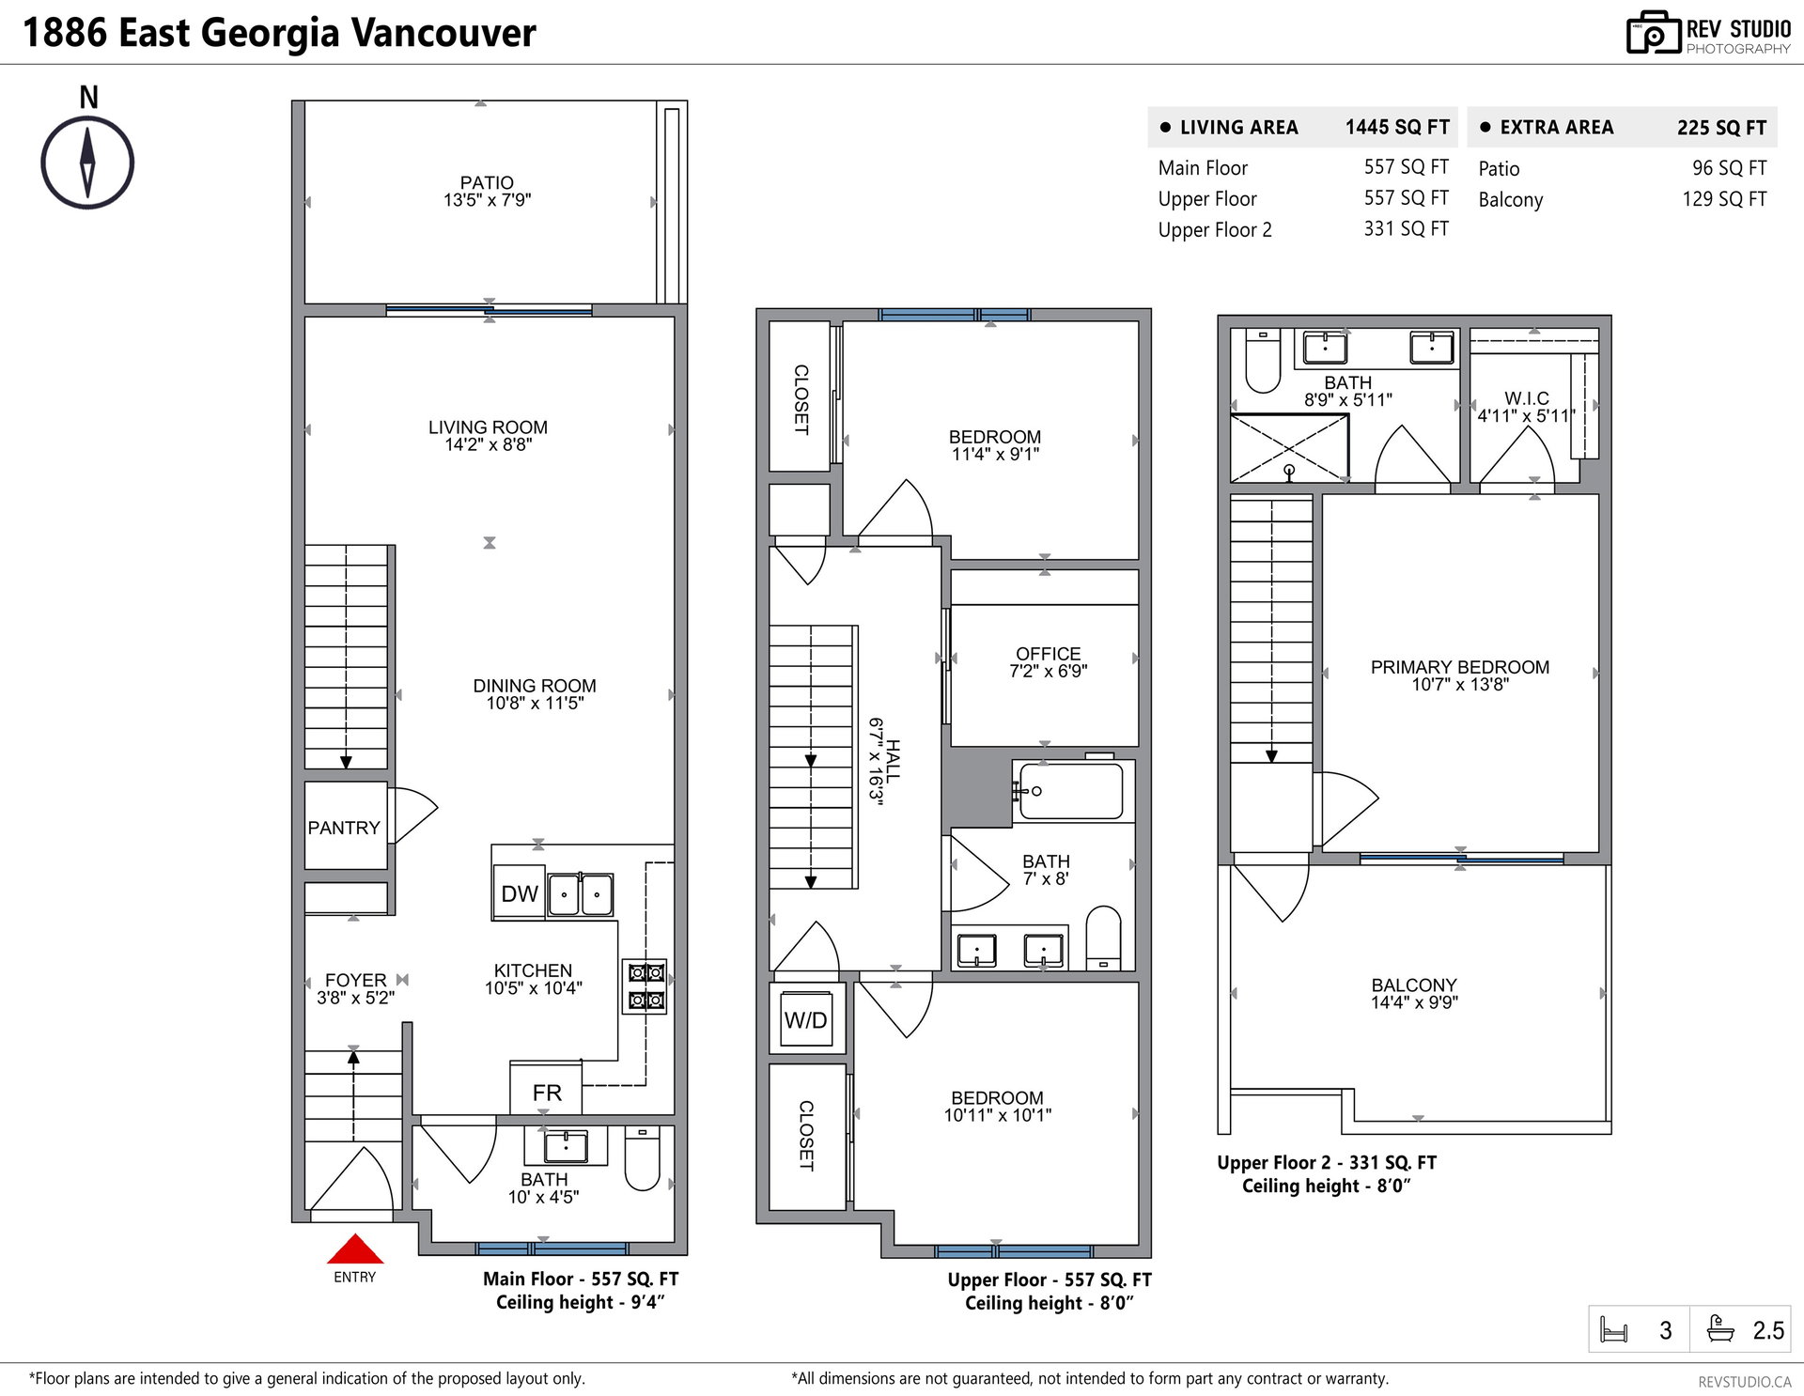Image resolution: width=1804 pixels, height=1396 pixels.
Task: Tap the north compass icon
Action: [87, 162]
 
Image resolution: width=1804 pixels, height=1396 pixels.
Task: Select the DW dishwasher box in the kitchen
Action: [519, 892]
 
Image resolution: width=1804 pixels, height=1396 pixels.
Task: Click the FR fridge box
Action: [546, 1092]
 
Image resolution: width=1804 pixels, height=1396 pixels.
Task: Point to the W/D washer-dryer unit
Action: [806, 1020]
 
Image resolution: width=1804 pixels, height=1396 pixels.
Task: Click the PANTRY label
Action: [344, 828]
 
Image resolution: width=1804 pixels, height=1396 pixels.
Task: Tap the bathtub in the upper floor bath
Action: [1070, 790]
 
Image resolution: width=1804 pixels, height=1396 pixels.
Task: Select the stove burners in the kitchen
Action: [645, 986]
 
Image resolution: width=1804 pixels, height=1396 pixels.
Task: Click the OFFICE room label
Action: [1048, 654]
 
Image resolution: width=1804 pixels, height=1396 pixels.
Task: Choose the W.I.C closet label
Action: [1526, 398]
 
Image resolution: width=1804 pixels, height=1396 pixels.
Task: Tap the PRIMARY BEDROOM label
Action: [1459, 667]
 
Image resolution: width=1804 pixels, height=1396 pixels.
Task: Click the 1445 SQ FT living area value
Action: [1397, 128]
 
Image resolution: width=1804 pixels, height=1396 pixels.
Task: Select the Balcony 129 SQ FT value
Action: [1724, 199]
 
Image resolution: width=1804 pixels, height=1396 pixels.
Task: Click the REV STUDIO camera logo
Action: [1653, 33]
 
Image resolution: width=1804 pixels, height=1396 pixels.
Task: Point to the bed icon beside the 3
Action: [1613, 1331]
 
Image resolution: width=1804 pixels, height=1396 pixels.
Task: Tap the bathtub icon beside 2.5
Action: [1720, 1330]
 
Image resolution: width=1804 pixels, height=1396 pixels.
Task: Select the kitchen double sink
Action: [581, 894]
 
